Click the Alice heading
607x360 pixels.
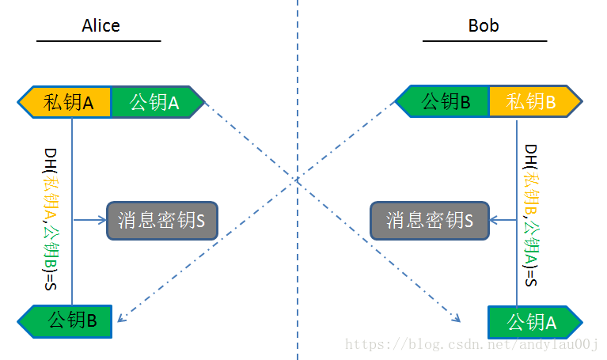(x=101, y=26)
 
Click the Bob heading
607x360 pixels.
(x=484, y=26)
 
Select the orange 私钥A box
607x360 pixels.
(x=67, y=102)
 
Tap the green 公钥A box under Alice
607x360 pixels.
(x=155, y=102)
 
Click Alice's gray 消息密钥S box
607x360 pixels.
(x=161, y=220)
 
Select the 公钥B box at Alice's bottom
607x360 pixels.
(x=66, y=320)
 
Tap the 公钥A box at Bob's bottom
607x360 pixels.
(x=533, y=322)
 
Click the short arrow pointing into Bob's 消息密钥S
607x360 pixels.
(x=502, y=220)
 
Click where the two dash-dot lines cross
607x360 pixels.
(x=298, y=180)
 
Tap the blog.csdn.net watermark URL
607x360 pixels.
(x=473, y=345)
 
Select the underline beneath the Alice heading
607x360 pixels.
(x=98, y=40)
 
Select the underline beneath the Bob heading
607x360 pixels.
(x=484, y=40)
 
